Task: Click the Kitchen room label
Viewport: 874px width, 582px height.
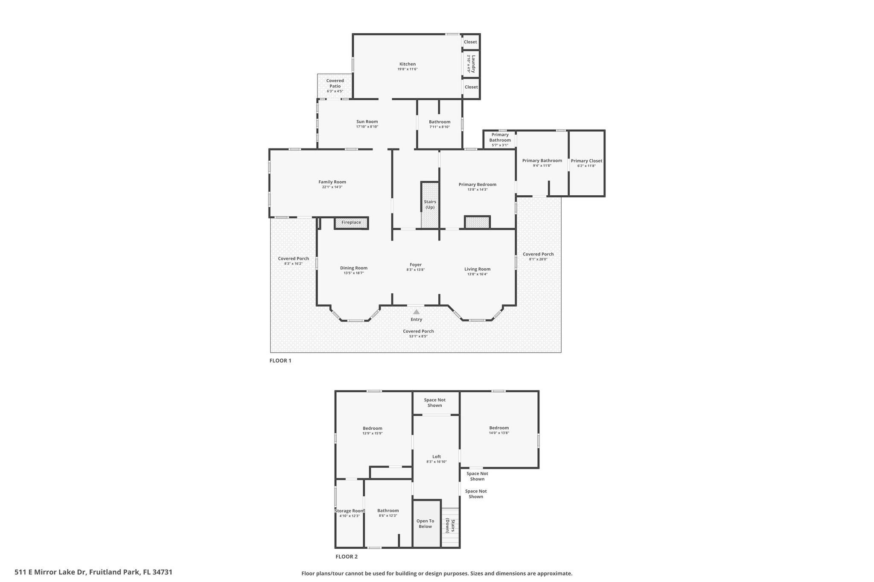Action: [x=407, y=64]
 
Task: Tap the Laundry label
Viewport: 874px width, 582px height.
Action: [x=473, y=64]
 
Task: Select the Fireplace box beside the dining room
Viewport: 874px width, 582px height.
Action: [x=351, y=223]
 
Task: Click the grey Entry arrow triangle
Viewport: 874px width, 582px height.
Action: [x=416, y=312]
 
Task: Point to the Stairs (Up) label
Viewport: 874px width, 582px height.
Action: [x=430, y=205]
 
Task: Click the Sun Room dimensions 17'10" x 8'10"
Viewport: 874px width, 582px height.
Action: [x=367, y=127]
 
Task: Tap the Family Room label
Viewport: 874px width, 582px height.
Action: [x=332, y=182]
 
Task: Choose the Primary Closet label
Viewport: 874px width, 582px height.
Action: [x=586, y=161]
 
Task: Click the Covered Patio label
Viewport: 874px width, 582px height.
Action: [x=335, y=83]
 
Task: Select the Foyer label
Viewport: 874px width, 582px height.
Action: [x=415, y=265]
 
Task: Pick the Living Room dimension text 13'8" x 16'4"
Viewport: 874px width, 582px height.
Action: [x=477, y=274]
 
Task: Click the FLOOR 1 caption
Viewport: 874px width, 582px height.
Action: [x=280, y=361]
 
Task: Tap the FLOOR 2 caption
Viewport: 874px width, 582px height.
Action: [x=347, y=556]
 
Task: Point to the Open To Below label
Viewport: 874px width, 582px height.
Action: [x=425, y=524]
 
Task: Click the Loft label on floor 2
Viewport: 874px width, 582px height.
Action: [x=436, y=457]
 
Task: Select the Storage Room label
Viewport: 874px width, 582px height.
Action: [x=350, y=511]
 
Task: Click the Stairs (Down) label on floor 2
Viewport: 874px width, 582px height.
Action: [x=450, y=525]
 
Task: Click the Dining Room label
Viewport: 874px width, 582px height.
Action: [x=354, y=268]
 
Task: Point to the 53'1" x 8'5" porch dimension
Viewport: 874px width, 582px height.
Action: [x=418, y=336]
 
